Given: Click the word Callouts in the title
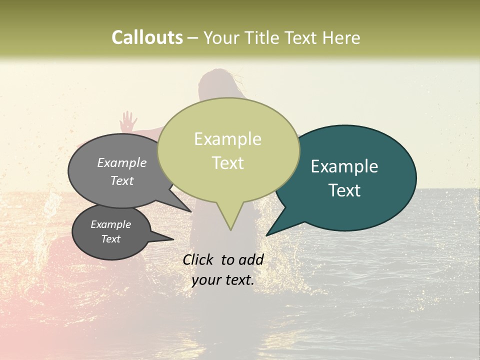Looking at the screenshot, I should pos(147,37).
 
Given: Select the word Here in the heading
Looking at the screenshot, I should pos(341,37).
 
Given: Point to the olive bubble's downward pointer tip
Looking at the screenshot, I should pos(230,229).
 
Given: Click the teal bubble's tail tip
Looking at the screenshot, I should pos(266,235).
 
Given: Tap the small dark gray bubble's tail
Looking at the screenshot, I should pos(170,238).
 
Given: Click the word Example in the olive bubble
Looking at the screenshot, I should pos(227,139).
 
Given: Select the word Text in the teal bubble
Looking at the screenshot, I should pos(345,190).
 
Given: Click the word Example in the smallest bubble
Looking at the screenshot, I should pos(110,224).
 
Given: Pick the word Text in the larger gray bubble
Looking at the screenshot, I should pos(122,180).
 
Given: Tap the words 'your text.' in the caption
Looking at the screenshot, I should pos(222,280).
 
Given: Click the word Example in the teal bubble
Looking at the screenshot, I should pos(344,166).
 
